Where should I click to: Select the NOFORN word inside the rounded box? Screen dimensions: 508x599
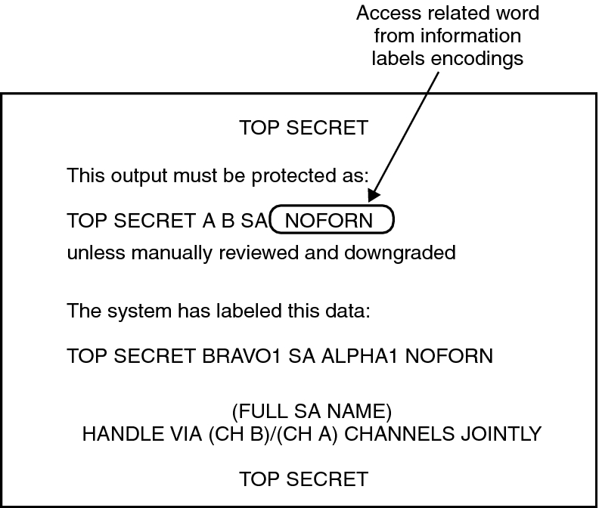point(330,221)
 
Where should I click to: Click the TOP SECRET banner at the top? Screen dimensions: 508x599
point(303,128)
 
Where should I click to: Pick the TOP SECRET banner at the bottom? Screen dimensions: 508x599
point(303,479)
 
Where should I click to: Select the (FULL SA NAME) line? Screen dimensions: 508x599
point(311,413)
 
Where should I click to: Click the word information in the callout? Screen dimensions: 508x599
point(475,36)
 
